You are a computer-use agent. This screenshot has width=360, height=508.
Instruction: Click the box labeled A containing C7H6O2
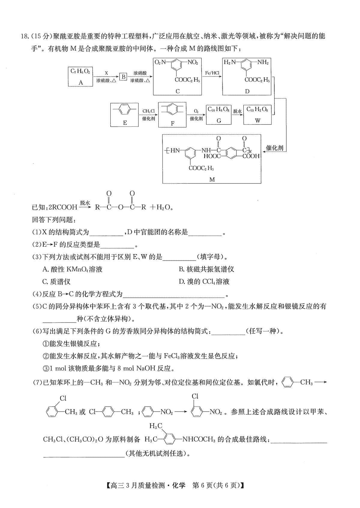80,77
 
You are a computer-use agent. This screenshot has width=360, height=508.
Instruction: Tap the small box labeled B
123,77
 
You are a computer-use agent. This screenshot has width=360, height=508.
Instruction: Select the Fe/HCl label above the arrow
212,73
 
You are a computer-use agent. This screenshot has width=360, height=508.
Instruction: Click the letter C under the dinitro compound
178,91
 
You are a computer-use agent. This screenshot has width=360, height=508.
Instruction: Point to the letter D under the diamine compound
247,91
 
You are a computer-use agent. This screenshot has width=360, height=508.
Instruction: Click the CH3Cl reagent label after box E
148,111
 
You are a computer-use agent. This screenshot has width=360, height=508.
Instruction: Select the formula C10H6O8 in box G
218,109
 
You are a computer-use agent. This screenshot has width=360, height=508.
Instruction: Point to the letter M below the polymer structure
212,180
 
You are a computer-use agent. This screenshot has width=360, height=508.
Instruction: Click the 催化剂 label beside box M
275,148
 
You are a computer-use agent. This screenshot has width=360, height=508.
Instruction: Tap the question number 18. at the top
25,36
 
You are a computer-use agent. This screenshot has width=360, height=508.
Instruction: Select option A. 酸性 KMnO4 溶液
73,269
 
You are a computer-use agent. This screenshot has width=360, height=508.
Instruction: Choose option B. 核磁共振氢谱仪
206,269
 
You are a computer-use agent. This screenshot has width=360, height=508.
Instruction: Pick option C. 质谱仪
56,282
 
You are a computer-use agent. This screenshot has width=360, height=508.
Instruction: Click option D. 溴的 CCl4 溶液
204,282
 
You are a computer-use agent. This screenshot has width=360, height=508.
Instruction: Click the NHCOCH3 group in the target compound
199,439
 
